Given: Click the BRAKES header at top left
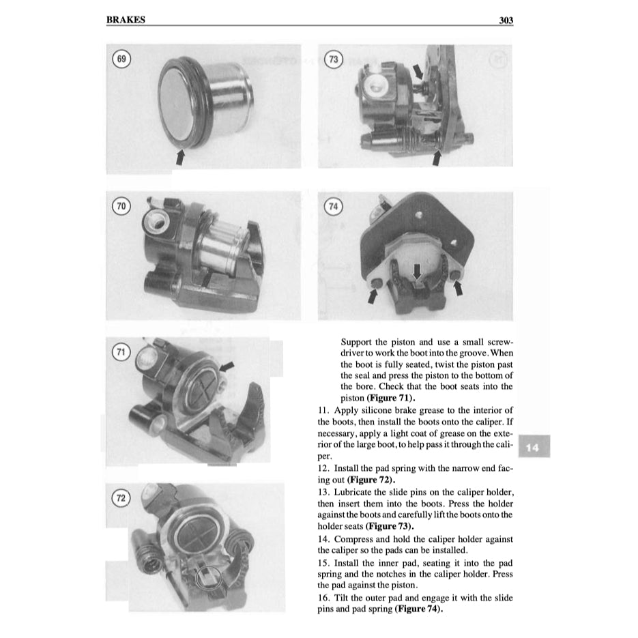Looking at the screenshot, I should [x=126, y=20].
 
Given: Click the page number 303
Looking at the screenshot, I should [x=506, y=20].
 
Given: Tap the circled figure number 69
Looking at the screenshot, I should [x=122, y=59].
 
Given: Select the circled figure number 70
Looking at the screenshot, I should [x=122, y=205].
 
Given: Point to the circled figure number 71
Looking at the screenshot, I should [x=121, y=352].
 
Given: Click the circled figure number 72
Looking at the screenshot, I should [x=121, y=499].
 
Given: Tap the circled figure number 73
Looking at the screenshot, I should [x=334, y=59].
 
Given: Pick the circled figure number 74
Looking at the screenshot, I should [x=334, y=205].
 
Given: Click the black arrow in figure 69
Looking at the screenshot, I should [x=180, y=157].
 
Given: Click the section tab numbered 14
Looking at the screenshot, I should [x=533, y=448].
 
